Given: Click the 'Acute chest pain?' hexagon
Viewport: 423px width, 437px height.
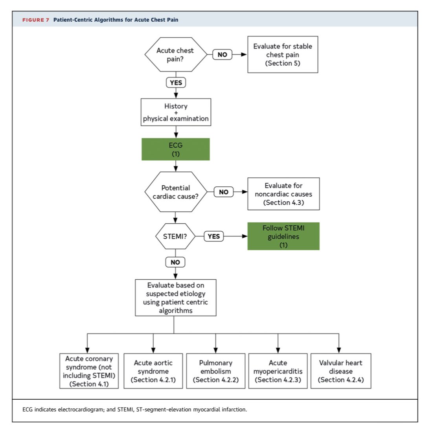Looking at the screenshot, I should point(175,55).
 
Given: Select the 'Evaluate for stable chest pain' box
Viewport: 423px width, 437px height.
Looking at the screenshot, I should point(283,55).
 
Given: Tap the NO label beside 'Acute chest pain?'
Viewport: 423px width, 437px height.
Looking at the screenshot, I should point(223,55).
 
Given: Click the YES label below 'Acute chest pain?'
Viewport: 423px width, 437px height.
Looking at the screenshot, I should point(175,83).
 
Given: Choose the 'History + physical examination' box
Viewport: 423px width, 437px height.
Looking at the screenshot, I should point(175,112).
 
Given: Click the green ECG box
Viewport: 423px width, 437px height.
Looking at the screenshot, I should point(175,149).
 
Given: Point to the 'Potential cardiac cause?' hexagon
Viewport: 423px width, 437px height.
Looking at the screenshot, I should point(175,192).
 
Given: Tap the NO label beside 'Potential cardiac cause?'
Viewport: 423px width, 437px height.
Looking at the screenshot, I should point(223,192).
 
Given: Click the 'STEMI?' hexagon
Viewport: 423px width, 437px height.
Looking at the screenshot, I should point(175,236).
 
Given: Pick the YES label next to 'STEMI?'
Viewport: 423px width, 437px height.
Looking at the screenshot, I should point(213,236).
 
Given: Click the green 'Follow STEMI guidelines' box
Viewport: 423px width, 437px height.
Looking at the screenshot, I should point(283,236).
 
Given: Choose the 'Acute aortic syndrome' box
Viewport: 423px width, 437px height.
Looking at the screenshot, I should point(153,371).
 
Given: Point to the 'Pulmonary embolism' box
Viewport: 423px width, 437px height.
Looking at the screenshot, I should point(215,371).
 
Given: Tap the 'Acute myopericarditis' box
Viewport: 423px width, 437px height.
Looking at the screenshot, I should point(278,371).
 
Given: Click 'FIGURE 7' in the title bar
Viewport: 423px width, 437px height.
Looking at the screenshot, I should point(35,20).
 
